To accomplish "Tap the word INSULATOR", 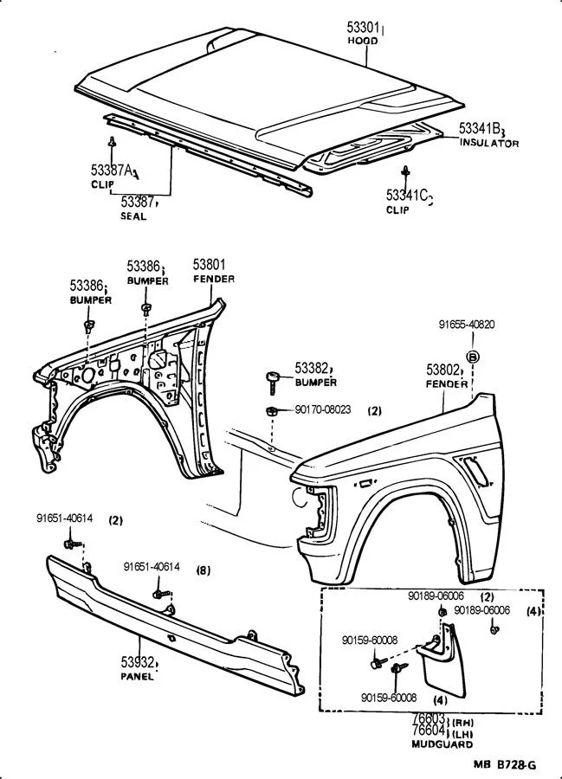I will (488, 143).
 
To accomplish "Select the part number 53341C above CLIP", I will (408, 196).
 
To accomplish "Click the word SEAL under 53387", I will (133, 216).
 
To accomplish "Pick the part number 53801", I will (209, 266).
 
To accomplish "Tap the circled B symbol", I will (473, 356).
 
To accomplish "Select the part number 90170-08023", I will (321, 409).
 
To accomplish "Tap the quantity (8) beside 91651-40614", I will (203, 570).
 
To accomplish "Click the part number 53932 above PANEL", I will (137, 662).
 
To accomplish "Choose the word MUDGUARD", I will (442, 744).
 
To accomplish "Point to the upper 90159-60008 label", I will (369, 641).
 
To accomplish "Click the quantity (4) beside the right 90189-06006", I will (534, 611).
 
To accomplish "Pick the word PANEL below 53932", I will (137, 677).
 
